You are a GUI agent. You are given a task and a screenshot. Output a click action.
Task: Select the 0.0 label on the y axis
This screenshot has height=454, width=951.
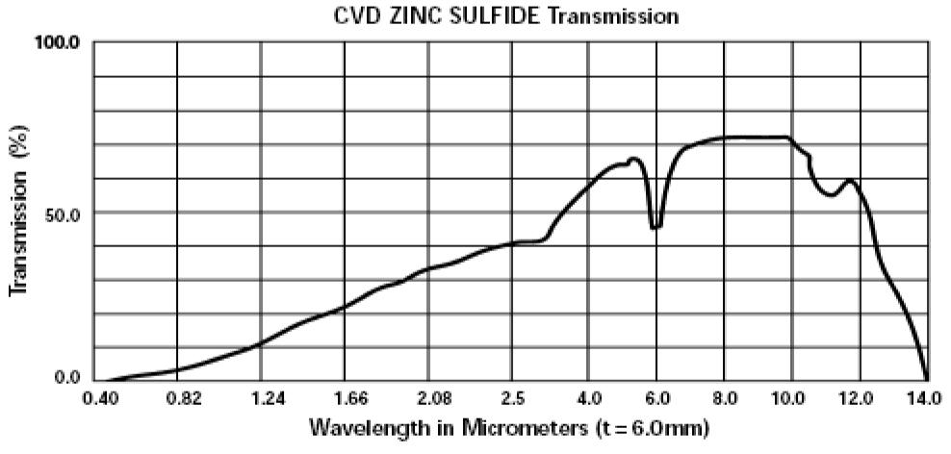tap(69, 377)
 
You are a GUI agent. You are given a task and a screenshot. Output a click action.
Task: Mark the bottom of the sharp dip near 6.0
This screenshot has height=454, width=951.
tap(655, 228)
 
